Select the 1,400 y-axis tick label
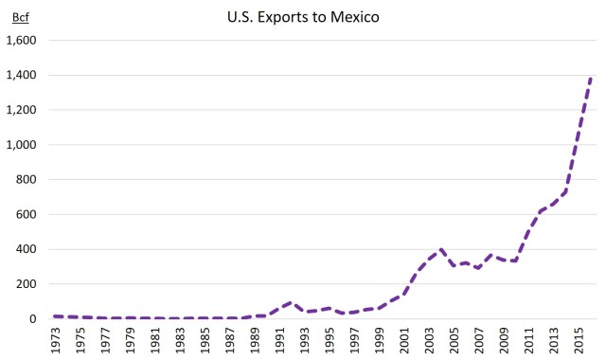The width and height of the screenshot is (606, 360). coord(20,75)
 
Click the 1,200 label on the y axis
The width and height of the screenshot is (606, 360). coord(20,110)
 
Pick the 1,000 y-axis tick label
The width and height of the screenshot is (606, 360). coord(20,145)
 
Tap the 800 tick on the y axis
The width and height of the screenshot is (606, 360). coord(25,179)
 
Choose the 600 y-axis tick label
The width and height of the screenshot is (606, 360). coord(25,214)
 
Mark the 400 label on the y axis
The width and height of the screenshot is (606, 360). coord(25,249)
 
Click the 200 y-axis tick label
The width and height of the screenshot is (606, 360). coord(25,284)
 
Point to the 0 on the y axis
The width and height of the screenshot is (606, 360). coord(31,319)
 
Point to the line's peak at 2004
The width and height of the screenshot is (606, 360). coord(441,249)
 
